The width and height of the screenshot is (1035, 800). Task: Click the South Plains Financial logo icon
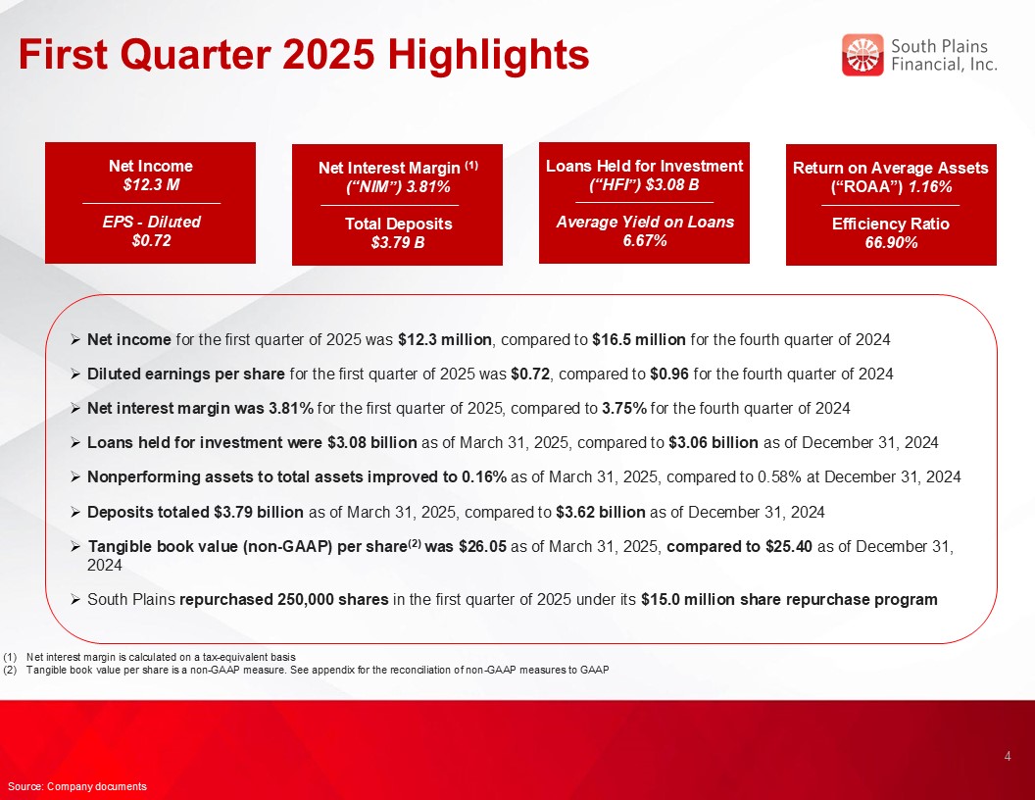click(862, 55)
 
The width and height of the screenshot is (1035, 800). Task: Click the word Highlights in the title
click(488, 54)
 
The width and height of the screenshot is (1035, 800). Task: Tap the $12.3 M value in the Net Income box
click(151, 185)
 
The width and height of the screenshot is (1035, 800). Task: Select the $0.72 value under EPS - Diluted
click(151, 240)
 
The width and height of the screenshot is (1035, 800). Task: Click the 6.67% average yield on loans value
click(644, 240)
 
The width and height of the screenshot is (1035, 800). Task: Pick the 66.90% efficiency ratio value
click(891, 243)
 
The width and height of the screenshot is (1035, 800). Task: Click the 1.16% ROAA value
click(930, 187)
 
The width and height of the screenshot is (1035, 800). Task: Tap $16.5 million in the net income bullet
click(639, 340)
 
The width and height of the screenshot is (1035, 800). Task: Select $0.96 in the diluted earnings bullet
click(669, 375)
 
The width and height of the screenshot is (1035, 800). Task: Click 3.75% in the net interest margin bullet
click(623, 409)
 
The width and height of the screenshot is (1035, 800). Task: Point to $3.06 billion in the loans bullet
click(713, 443)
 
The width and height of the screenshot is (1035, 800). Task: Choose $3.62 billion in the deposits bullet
click(601, 512)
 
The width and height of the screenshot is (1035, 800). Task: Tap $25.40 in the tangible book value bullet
click(789, 546)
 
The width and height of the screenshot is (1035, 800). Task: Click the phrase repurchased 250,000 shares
click(284, 599)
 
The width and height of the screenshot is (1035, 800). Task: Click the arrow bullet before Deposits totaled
click(75, 512)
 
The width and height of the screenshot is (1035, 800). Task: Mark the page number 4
click(1008, 757)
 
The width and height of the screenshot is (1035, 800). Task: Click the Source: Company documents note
click(77, 786)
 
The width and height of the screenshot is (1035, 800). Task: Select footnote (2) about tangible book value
click(306, 670)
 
